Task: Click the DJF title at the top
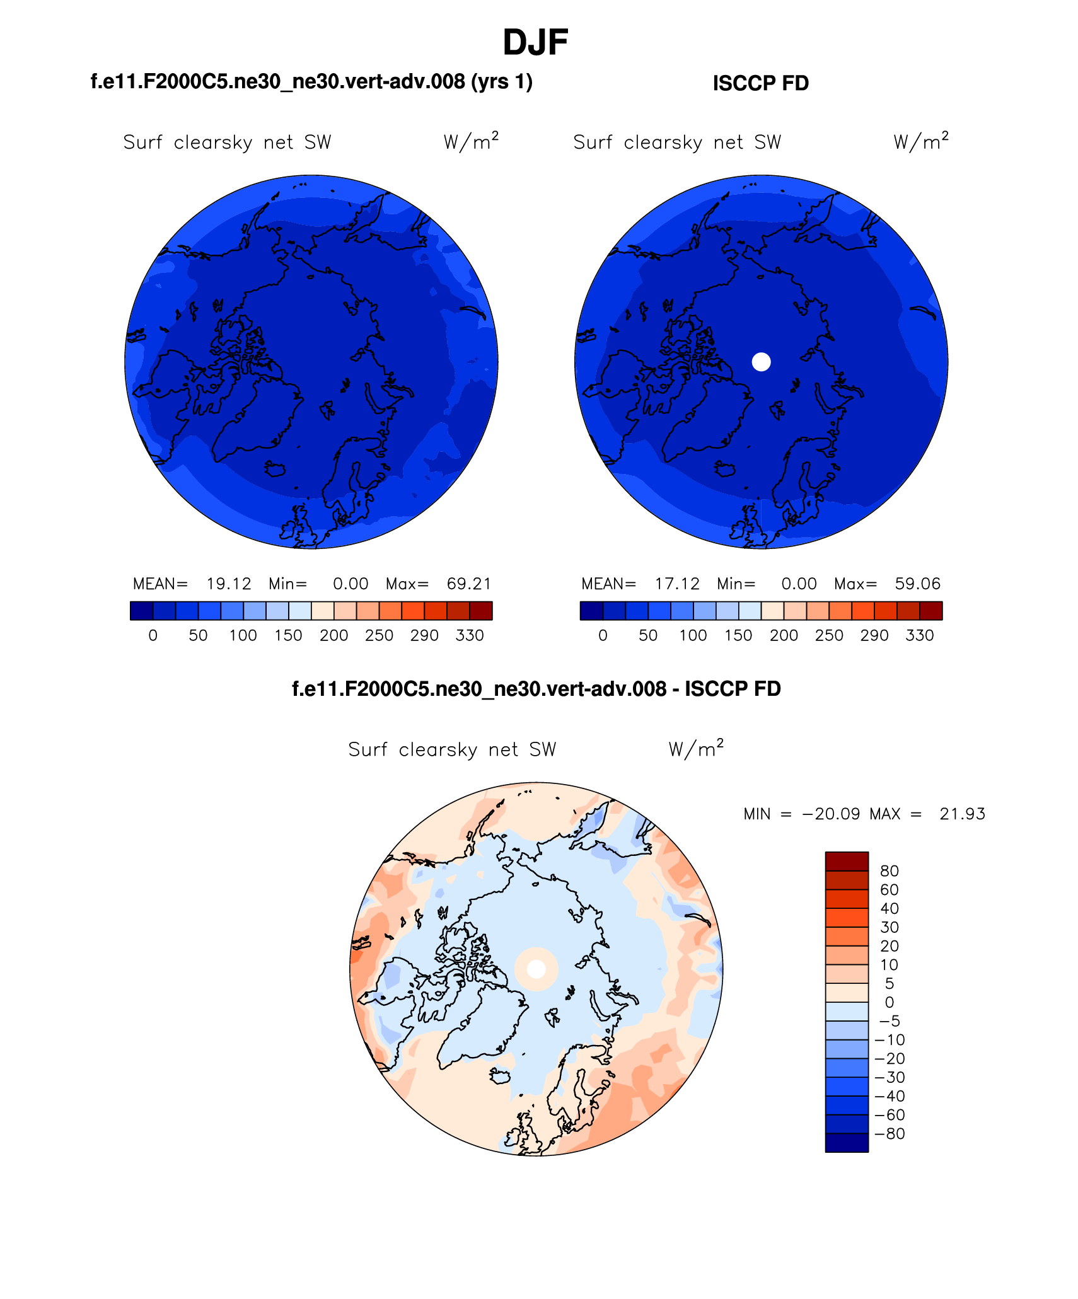click(535, 43)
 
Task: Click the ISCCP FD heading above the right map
click(760, 83)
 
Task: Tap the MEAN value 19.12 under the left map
click(229, 584)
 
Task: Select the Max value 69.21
click(468, 584)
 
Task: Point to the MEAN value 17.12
click(677, 584)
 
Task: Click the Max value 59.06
click(917, 584)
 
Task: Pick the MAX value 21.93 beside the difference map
click(962, 814)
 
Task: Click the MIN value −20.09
click(831, 814)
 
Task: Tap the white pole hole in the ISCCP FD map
click(762, 362)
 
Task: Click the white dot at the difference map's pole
click(536, 969)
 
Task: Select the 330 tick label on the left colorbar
click(470, 635)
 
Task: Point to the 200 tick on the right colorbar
click(784, 635)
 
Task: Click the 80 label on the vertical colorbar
click(889, 871)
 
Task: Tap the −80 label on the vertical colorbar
click(890, 1134)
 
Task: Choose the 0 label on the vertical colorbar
click(889, 1002)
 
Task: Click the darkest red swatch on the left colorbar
click(481, 611)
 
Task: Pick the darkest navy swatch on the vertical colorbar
click(847, 1143)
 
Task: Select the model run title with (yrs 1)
click(311, 82)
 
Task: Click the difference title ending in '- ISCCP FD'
click(536, 689)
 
